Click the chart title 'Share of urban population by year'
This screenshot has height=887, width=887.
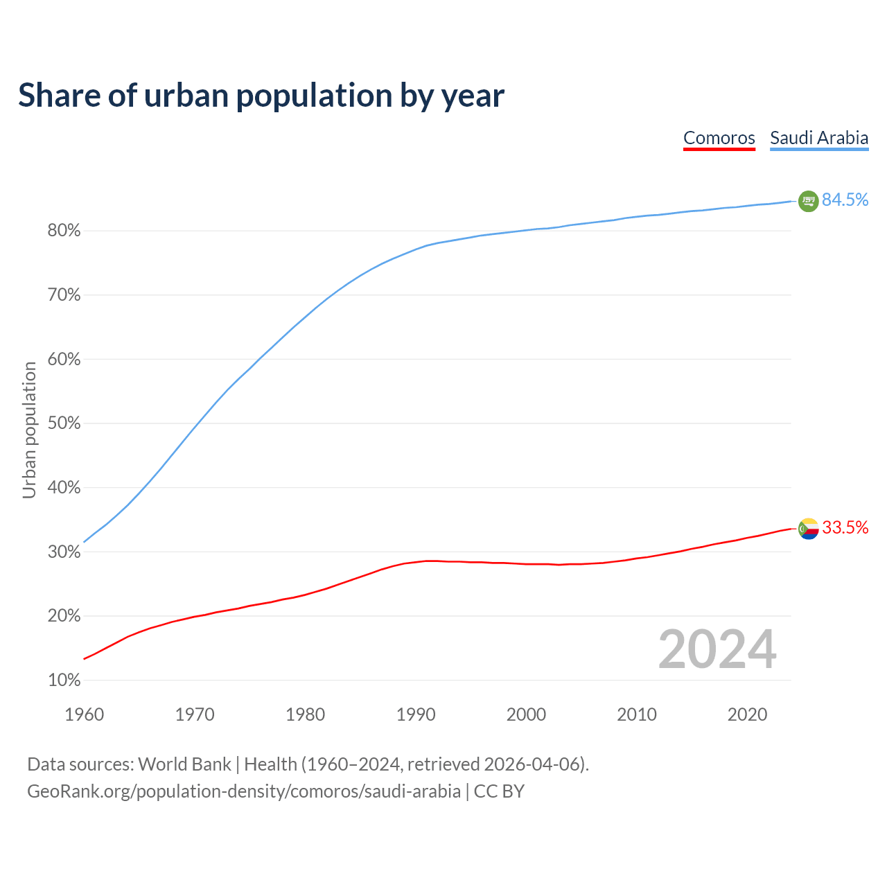[x=261, y=96]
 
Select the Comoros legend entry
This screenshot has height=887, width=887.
[x=719, y=138]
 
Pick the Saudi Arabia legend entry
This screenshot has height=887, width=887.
[x=819, y=138]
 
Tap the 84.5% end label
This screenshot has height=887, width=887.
[x=845, y=200]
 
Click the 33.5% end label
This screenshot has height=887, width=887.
[x=845, y=528]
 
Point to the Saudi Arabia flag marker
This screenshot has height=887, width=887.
[x=808, y=201]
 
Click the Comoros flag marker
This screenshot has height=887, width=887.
[x=808, y=529]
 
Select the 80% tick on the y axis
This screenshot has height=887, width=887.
[x=64, y=231]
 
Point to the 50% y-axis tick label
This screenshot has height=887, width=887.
[x=64, y=423]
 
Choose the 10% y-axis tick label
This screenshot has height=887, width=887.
[x=64, y=680]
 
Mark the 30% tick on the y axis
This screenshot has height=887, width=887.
[x=64, y=552]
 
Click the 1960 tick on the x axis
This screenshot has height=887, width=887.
[x=84, y=714]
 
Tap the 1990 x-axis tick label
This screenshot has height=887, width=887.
[x=416, y=714]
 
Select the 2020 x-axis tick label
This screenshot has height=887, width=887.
[x=747, y=714]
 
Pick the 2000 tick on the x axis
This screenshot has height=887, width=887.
[x=526, y=714]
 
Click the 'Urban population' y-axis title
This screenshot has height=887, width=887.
[x=29, y=430]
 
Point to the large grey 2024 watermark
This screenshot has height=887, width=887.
[x=717, y=649]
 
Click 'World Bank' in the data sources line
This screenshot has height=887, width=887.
[x=184, y=764]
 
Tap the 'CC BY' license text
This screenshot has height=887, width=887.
[x=499, y=791]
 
